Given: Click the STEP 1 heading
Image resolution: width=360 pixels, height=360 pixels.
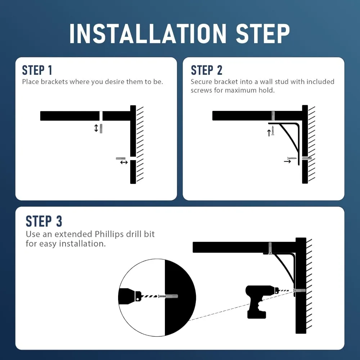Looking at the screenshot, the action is point(37,70).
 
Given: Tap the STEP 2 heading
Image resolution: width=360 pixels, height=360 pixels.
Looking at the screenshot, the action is point(206,70).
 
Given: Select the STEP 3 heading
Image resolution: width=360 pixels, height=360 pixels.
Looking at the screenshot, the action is point(44,221).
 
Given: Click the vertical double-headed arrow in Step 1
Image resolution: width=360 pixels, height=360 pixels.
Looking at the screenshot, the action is point(96,128).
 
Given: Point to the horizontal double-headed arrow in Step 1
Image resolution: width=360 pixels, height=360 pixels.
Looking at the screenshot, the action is point(124,162).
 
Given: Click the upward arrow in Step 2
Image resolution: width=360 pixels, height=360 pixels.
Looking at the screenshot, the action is point(269,133).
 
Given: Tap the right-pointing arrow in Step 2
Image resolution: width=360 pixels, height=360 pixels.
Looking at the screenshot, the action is point(287,161).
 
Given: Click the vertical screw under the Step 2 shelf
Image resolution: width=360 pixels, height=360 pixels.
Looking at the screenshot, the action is point(273,130).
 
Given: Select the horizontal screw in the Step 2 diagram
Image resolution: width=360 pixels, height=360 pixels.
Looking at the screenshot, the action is point(292,158).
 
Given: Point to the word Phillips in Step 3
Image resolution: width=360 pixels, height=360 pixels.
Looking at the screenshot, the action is point(109,234).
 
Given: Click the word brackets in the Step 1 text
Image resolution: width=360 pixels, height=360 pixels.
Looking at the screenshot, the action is point(54,82).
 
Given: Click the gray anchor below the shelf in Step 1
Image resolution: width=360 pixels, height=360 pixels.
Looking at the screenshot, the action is point(101,129).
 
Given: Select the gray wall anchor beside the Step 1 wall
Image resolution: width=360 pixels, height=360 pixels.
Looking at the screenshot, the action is point(121,158).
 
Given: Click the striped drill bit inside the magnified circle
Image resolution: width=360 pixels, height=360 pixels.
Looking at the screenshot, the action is point(149,296).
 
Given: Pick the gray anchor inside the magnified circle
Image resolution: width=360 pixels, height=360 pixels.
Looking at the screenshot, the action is point(172,296).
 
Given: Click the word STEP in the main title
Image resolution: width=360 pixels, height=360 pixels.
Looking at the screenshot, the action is point(263,33).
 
